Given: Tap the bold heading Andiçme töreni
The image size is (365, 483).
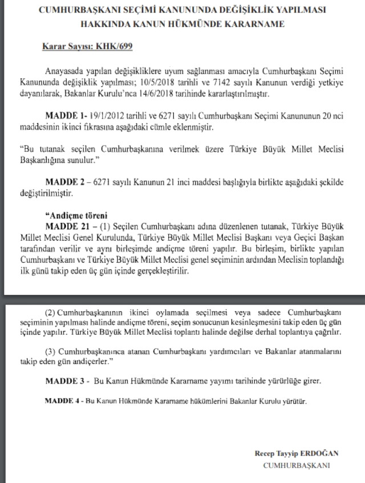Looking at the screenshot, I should coord(73,216).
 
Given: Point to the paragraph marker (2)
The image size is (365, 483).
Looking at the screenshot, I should coord(51,313).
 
